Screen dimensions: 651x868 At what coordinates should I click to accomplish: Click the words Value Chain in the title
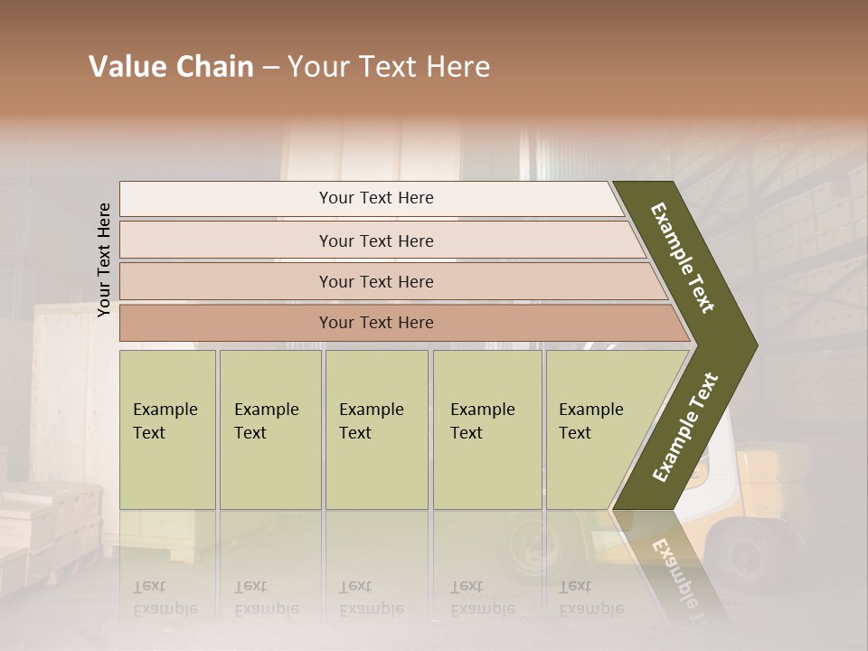pyautogui.click(x=171, y=67)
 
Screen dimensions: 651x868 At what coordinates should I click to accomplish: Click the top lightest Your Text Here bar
pyautogui.click(x=375, y=198)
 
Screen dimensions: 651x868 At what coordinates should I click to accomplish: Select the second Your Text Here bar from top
pyautogui.click(x=375, y=241)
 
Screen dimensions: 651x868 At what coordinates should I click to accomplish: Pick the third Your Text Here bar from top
pyautogui.click(x=375, y=281)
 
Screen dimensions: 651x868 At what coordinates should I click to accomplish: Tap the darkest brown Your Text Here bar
pyautogui.click(x=375, y=323)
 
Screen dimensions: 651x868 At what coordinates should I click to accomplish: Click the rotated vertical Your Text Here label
pyautogui.click(x=104, y=259)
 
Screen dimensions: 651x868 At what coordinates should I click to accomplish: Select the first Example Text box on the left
pyautogui.click(x=167, y=429)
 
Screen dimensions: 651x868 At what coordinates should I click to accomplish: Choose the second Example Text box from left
pyautogui.click(x=269, y=429)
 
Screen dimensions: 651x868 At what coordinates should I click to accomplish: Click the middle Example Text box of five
pyautogui.click(x=375, y=429)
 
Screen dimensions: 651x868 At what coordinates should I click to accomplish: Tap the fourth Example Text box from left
pyautogui.click(x=486, y=429)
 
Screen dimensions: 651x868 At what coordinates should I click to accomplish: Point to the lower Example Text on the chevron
pyautogui.click(x=685, y=427)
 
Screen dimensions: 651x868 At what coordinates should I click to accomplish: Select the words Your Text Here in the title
pyautogui.click(x=389, y=67)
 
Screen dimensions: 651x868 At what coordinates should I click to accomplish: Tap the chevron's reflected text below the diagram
pyautogui.click(x=674, y=570)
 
